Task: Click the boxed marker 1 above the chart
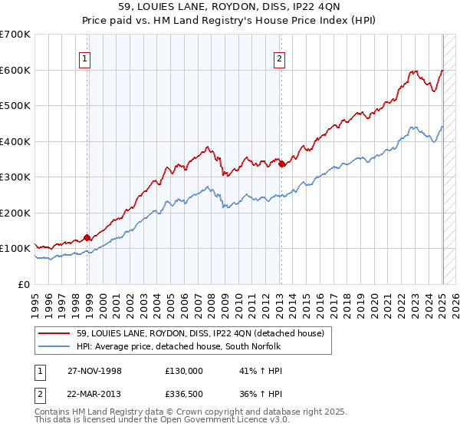84,58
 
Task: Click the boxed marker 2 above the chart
279,58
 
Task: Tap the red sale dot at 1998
87,237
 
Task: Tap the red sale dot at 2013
281,164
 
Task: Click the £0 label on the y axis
23,284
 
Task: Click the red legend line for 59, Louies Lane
54,333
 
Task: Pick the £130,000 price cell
183,370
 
